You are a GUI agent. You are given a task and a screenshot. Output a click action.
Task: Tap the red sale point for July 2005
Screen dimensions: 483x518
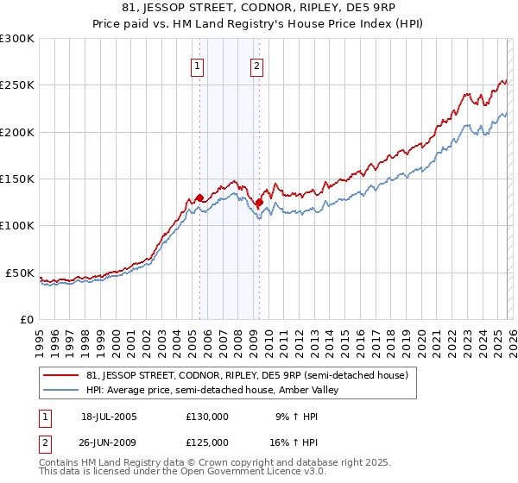199,198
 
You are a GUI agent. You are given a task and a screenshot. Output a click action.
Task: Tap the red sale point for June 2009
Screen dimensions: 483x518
259,203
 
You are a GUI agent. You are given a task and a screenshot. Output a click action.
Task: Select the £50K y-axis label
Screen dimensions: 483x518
20,273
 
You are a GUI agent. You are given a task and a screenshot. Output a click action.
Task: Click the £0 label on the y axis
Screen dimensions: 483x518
27,319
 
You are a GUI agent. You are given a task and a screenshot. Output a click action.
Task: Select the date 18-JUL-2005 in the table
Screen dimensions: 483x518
109,417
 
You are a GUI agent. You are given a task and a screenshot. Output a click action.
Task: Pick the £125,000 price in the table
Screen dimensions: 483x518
207,442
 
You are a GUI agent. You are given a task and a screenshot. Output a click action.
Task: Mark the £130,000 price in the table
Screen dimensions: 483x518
207,417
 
